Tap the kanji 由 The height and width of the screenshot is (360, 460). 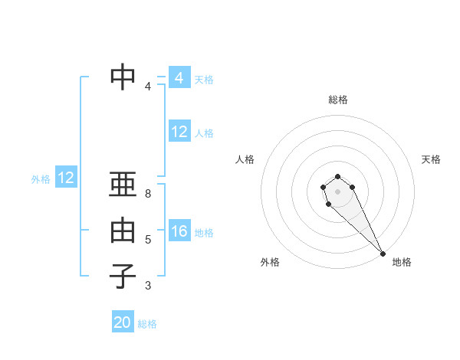click(x=123, y=231)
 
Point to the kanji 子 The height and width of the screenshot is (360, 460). click(x=123, y=277)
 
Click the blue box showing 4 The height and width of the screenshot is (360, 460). click(x=179, y=78)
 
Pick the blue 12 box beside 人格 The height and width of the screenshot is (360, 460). click(x=179, y=132)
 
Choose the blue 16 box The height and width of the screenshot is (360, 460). click(x=179, y=231)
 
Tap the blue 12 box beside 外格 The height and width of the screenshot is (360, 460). click(x=66, y=178)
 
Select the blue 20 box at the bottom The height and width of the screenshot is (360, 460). click(x=123, y=322)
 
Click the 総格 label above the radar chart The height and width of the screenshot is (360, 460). click(x=338, y=100)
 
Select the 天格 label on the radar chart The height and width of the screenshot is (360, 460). click(x=431, y=159)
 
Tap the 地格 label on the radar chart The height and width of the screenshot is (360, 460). click(x=402, y=262)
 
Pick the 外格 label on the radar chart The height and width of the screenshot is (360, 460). click(x=270, y=262)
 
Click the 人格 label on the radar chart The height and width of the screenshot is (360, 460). click(x=245, y=159)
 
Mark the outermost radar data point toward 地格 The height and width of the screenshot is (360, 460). click(x=383, y=254)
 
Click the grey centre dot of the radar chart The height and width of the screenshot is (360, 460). click(x=337, y=191)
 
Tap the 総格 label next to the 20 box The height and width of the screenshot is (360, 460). click(x=147, y=324)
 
